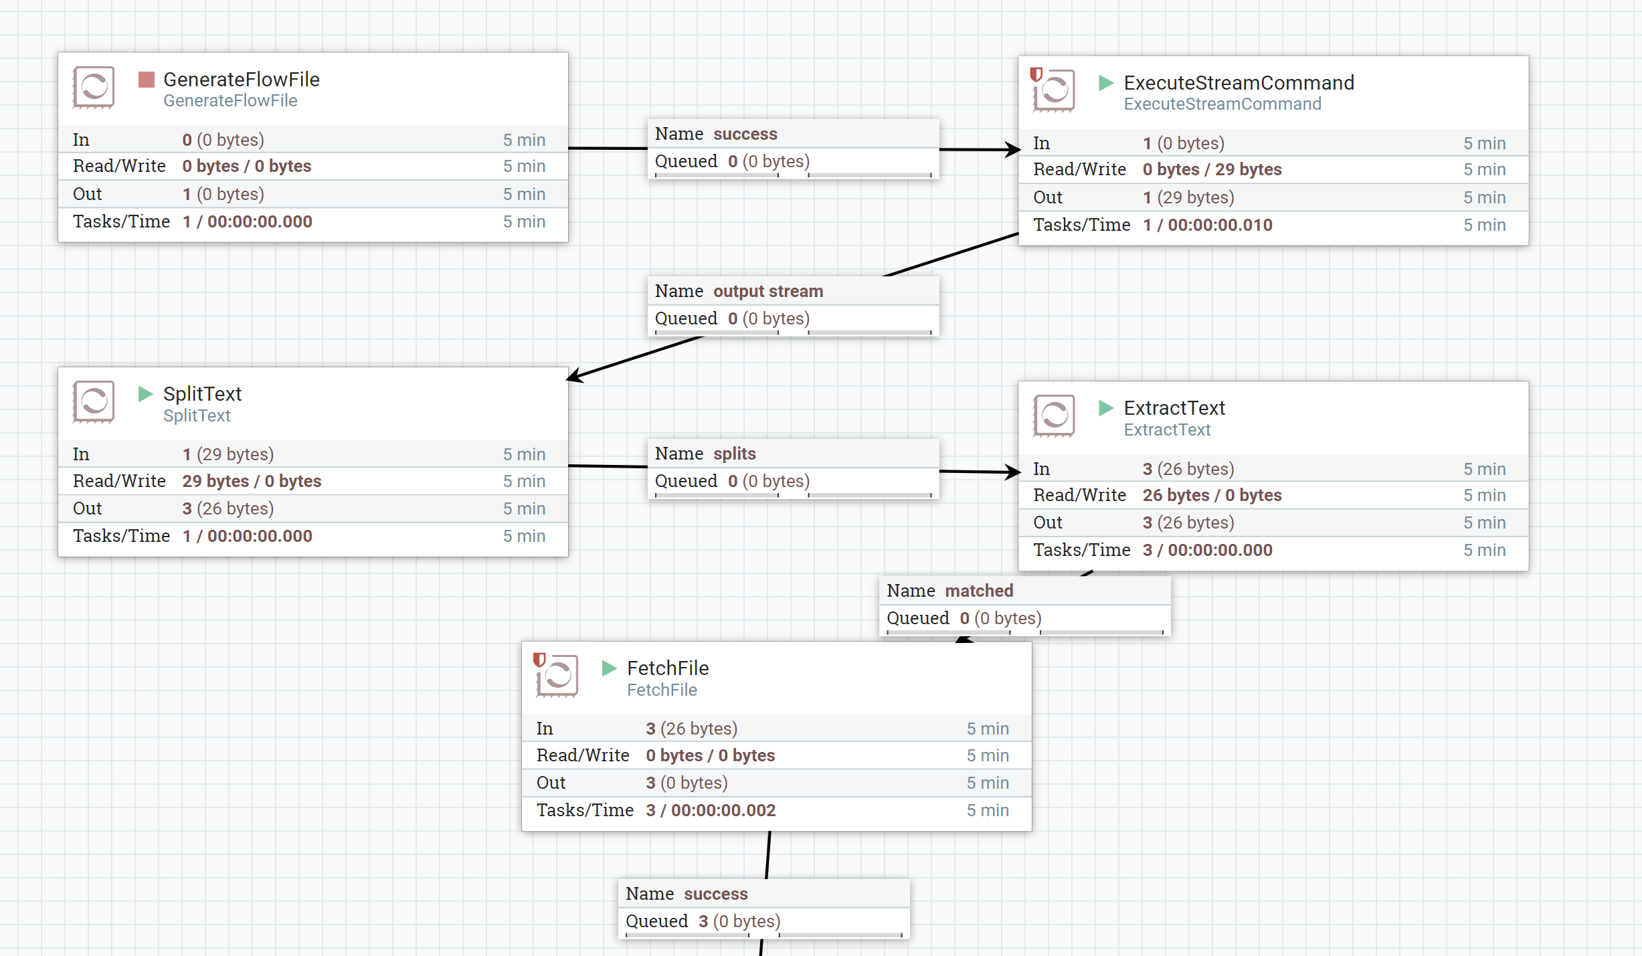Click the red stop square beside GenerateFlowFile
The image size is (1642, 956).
(x=146, y=80)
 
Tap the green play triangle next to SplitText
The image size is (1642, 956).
(x=145, y=393)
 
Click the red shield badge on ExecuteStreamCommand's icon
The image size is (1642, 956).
(x=1036, y=74)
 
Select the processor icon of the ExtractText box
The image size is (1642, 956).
(x=1054, y=415)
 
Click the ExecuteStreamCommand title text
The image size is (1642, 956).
(x=1239, y=83)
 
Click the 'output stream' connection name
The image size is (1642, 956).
(x=767, y=291)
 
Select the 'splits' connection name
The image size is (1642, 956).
(x=734, y=454)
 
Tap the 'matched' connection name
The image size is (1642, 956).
(x=979, y=591)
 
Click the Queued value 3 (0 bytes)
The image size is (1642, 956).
(x=739, y=921)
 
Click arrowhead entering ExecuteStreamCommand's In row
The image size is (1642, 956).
(x=1013, y=150)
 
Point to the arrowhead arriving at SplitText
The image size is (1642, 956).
(x=575, y=377)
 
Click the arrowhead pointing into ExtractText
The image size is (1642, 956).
(x=1013, y=472)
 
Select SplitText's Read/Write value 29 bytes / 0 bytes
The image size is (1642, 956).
(x=252, y=481)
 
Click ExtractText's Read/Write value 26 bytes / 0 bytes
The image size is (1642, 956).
(x=1212, y=495)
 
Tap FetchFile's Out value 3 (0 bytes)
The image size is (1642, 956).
(x=687, y=783)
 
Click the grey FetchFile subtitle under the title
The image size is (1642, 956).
(x=661, y=690)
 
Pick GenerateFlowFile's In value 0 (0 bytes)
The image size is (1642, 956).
(x=223, y=140)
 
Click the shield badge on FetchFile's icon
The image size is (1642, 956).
(x=539, y=660)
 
